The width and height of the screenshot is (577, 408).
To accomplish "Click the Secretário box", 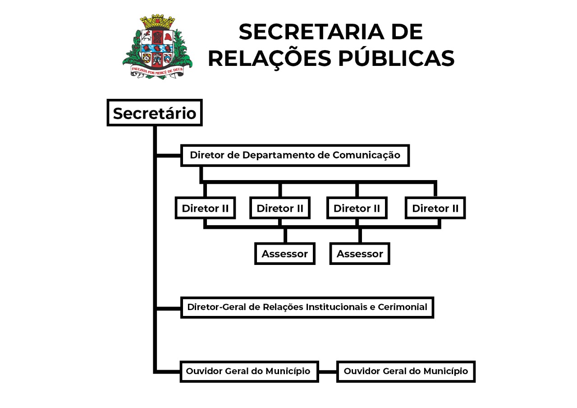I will [154, 113].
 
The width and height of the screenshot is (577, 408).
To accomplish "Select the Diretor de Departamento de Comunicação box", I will [295, 155].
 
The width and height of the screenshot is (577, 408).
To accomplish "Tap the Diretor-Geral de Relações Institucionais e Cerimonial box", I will [307, 307].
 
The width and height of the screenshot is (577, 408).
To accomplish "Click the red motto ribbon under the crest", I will [157, 70].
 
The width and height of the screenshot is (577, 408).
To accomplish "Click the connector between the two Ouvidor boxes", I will [328, 371].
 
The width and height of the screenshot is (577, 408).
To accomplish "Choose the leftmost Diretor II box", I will [205, 208].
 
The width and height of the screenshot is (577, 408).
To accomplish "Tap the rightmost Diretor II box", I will [435, 208].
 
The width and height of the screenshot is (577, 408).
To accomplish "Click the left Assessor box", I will [284, 254].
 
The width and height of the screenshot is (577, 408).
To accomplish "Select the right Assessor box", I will [359, 254].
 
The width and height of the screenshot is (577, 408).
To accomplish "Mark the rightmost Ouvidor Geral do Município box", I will [406, 371].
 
